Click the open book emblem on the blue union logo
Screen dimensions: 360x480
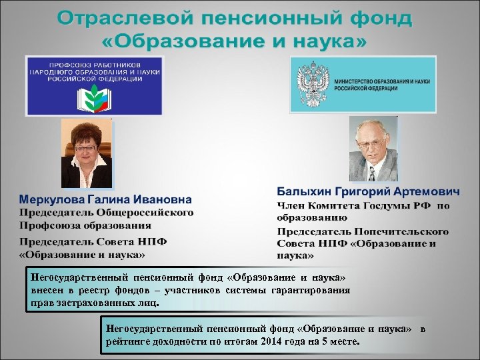click(94, 98)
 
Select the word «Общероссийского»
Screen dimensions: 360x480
click(147, 213)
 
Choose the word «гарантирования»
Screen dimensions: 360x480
click(312, 290)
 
